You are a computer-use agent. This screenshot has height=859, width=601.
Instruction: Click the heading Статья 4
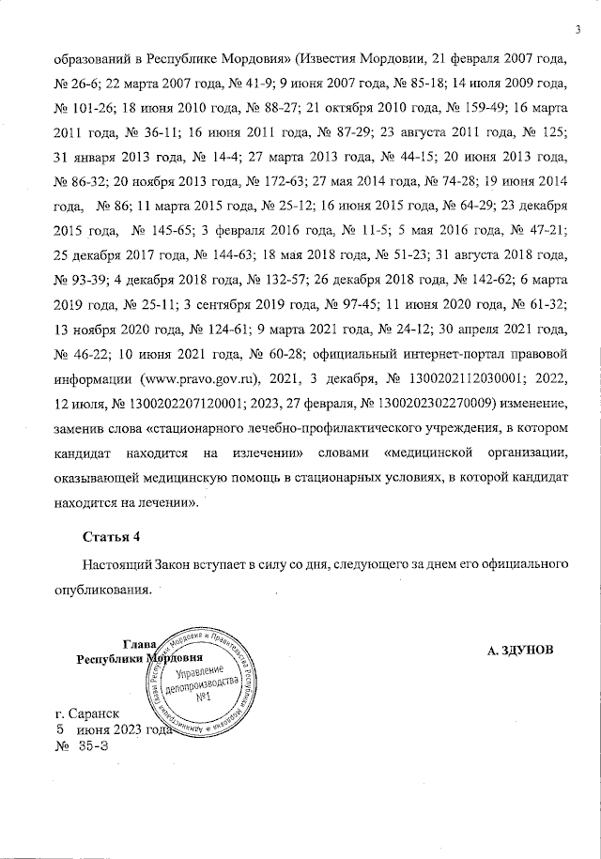click(x=111, y=537)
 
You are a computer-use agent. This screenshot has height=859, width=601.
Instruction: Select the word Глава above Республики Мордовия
click(x=139, y=644)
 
